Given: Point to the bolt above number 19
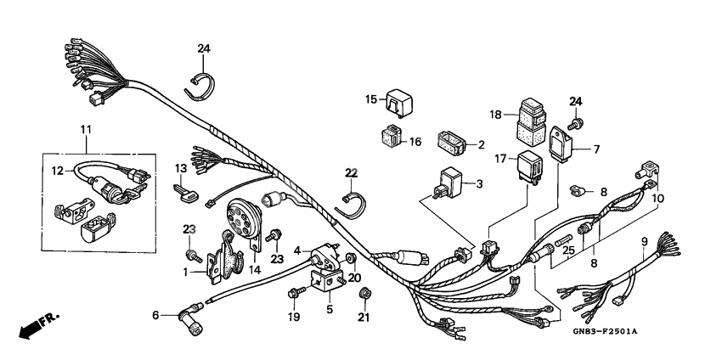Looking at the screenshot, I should pos(294,294).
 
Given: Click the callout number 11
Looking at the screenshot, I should pos(85,129).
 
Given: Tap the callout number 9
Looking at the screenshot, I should pos(644,241).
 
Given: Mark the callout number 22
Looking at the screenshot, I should pos(352,172).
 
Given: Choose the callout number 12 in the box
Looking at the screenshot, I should pos(57,171).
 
